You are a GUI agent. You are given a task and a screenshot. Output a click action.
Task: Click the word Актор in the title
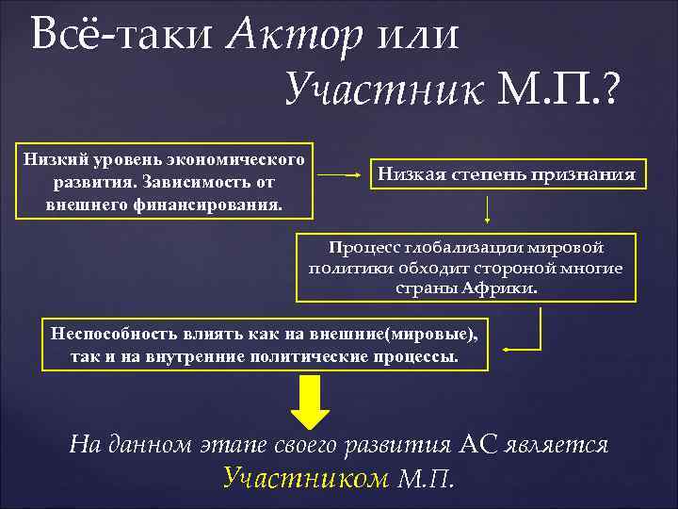[x=296, y=36]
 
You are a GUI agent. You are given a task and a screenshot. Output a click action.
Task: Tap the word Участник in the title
[x=385, y=90]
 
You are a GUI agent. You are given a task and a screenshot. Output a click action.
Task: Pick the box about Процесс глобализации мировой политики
[x=465, y=268]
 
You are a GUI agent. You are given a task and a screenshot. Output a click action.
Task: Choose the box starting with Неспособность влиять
[x=265, y=345]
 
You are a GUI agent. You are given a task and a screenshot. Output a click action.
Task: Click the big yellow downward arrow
[x=308, y=404]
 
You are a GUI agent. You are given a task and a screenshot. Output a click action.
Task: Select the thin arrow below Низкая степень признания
[x=488, y=209]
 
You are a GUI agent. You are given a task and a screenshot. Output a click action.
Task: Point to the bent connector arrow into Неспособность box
[x=527, y=335]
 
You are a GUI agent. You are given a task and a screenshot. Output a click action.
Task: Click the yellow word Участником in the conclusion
[x=306, y=478]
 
